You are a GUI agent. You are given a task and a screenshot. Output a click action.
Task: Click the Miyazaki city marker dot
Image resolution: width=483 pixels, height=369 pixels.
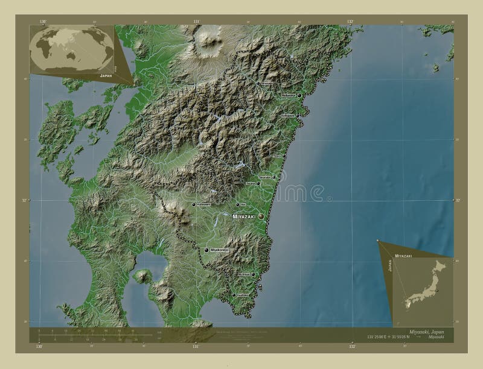[261, 216]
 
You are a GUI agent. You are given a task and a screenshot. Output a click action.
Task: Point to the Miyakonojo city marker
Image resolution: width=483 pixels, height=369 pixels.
[206, 250]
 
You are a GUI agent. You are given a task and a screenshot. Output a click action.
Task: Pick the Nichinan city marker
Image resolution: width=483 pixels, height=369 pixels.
[253, 274]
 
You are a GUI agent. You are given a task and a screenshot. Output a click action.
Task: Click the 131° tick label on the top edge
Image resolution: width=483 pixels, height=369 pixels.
[196, 21]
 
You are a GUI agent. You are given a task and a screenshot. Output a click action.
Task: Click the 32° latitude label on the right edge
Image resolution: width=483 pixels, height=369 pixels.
[458, 200]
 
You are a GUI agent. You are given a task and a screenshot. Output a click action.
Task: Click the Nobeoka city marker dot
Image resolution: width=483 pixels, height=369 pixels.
[299, 95]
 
